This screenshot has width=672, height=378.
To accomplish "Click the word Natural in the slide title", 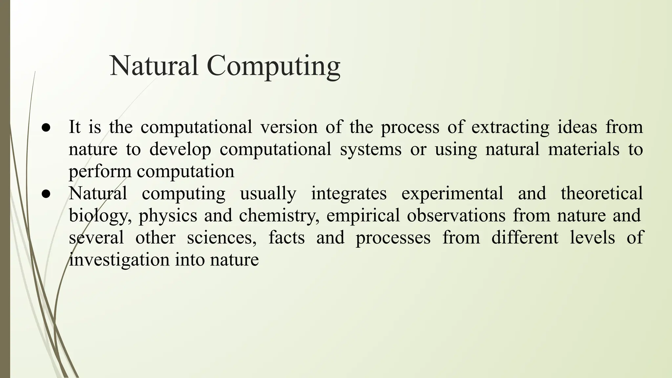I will pos(154,66).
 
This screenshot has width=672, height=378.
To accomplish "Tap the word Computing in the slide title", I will pos(274,67).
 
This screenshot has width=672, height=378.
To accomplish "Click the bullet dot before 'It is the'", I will pos(46,128).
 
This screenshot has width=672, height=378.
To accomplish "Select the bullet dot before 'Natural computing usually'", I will pos(46,194).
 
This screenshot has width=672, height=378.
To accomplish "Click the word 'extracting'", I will pos(510,127).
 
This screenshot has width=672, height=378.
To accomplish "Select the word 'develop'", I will pos(180,150).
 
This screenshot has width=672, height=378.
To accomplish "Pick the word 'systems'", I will pos(370,150).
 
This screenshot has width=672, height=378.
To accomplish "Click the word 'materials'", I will pos(584,149).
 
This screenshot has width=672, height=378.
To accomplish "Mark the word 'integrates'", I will pos(349,194).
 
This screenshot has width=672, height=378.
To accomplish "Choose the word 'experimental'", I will pos(452,194).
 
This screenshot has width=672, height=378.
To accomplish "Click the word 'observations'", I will pos(456,216).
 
